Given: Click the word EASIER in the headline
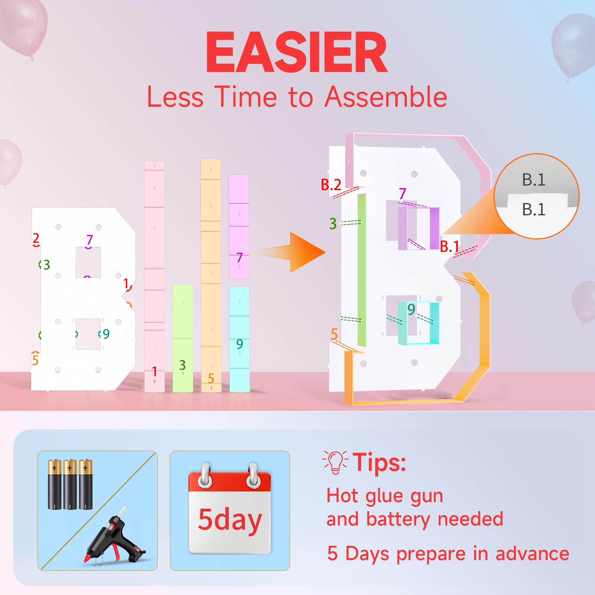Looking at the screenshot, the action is (x=297, y=52).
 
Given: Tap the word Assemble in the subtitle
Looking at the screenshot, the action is (x=386, y=97).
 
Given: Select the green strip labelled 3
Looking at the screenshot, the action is (x=183, y=338).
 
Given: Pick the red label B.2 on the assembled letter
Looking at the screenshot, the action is (x=331, y=184).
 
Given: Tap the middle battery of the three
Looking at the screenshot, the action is (x=70, y=484).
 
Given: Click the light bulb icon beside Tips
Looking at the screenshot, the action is (x=335, y=462).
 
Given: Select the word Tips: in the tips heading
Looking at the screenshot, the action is (x=379, y=462).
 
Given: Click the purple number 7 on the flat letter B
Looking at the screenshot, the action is (x=89, y=240).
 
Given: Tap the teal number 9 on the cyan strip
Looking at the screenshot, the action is (x=239, y=344).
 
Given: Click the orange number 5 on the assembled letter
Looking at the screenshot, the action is (x=334, y=334).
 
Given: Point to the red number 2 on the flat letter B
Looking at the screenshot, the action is (x=36, y=238).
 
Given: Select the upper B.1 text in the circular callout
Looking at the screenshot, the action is (x=534, y=180).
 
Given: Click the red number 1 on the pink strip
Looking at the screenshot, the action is (x=154, y=371).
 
